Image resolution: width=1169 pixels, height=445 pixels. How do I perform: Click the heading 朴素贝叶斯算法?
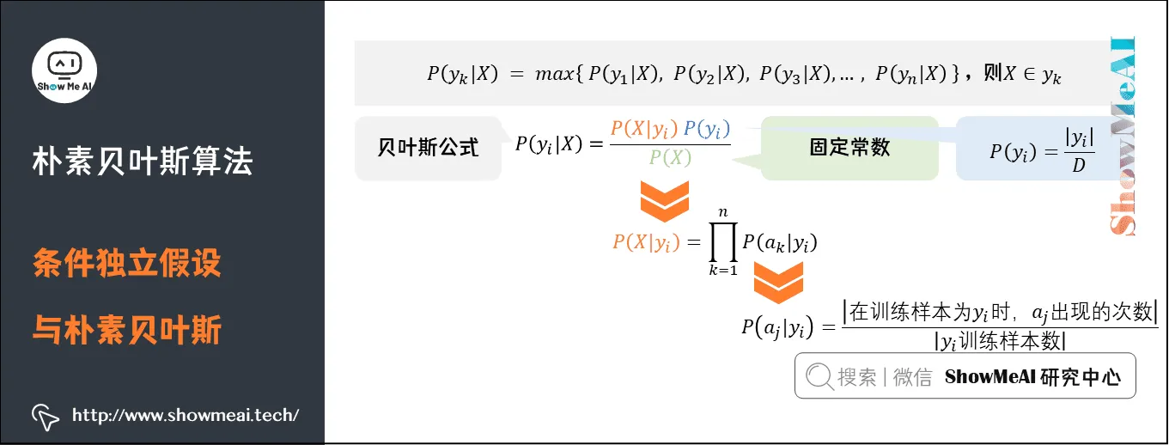[143, 160]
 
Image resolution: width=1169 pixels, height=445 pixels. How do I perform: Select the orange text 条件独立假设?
[127, 263]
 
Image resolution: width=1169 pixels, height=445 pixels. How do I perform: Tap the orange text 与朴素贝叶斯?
[127, 329]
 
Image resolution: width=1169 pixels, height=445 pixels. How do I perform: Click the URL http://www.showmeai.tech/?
[186, 415]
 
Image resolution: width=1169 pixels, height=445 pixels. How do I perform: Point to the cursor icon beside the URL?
[46, 416]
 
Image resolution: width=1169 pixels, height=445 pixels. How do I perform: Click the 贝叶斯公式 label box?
[428, 148]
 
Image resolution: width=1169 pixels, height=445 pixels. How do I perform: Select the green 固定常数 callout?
[849, 148]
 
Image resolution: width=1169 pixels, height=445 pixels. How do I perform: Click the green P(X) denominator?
[670, 157]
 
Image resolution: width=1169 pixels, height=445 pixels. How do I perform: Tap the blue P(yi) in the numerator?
[707, 129]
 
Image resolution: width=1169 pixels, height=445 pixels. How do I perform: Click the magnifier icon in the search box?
[819, 376]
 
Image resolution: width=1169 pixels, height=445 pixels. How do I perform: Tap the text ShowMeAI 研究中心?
[1032, 377]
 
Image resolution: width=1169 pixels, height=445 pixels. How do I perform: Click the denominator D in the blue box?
[1078, 165]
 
